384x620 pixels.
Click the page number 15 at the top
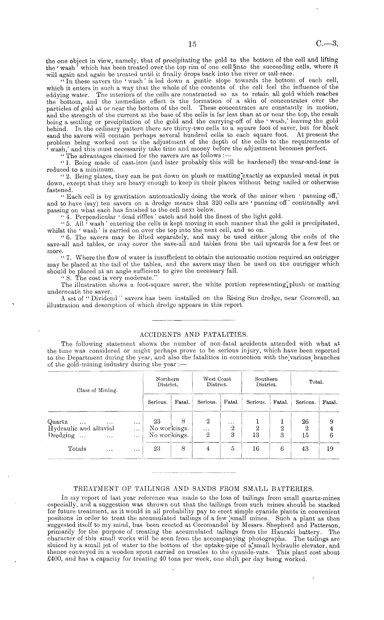192,44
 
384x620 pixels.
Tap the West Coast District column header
217,382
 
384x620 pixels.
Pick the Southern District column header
266,382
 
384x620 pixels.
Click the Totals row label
77,448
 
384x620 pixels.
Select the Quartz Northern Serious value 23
157,422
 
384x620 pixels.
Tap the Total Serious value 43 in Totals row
305,449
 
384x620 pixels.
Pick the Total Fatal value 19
330,449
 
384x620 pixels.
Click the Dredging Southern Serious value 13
256,435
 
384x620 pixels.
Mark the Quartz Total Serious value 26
305,422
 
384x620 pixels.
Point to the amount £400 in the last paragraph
54,559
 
